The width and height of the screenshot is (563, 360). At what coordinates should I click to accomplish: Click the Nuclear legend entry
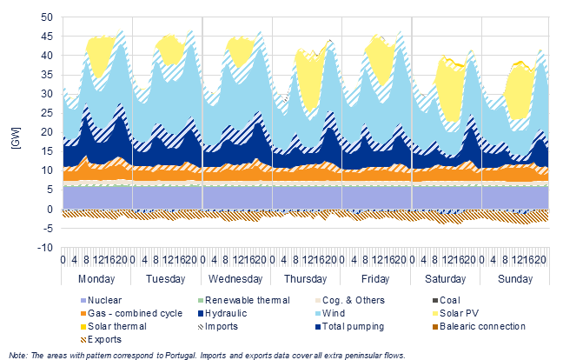[x=102, y=300]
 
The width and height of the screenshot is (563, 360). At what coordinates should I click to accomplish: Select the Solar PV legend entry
[x=455, y=313]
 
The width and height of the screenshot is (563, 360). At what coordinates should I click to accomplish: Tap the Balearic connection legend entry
[x=479, y=326]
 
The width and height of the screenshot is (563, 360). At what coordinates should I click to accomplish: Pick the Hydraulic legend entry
[x=222, y=313]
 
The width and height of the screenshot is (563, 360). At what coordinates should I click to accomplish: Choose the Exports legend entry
[x=102, y=339]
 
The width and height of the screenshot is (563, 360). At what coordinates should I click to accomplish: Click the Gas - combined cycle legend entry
[x=131, y=313]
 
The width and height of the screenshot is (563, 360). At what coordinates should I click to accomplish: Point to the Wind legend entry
[x=330, y=313]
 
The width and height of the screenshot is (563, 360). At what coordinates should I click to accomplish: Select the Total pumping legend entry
[x=350, y=326]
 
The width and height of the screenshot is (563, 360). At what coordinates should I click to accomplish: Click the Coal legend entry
[x=447, y=300]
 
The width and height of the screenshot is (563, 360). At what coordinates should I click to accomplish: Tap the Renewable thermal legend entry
[x=244, y=300]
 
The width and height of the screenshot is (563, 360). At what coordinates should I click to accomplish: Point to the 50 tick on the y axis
[x=47, y=17]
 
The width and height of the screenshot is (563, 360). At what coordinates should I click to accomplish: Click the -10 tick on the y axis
[x=45, y=248]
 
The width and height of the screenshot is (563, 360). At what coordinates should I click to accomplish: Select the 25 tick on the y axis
[x=47, y=113]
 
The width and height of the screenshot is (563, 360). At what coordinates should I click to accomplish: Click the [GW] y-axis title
[x=16, y=137]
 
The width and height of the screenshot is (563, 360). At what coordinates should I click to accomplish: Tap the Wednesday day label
[x=235, y=279]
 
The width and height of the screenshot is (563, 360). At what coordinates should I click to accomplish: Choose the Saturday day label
[x=445, y=279]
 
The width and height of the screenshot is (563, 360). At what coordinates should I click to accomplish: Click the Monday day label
[x=96, y=279]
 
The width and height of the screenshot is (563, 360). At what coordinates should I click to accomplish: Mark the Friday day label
[x=375, y=279]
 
